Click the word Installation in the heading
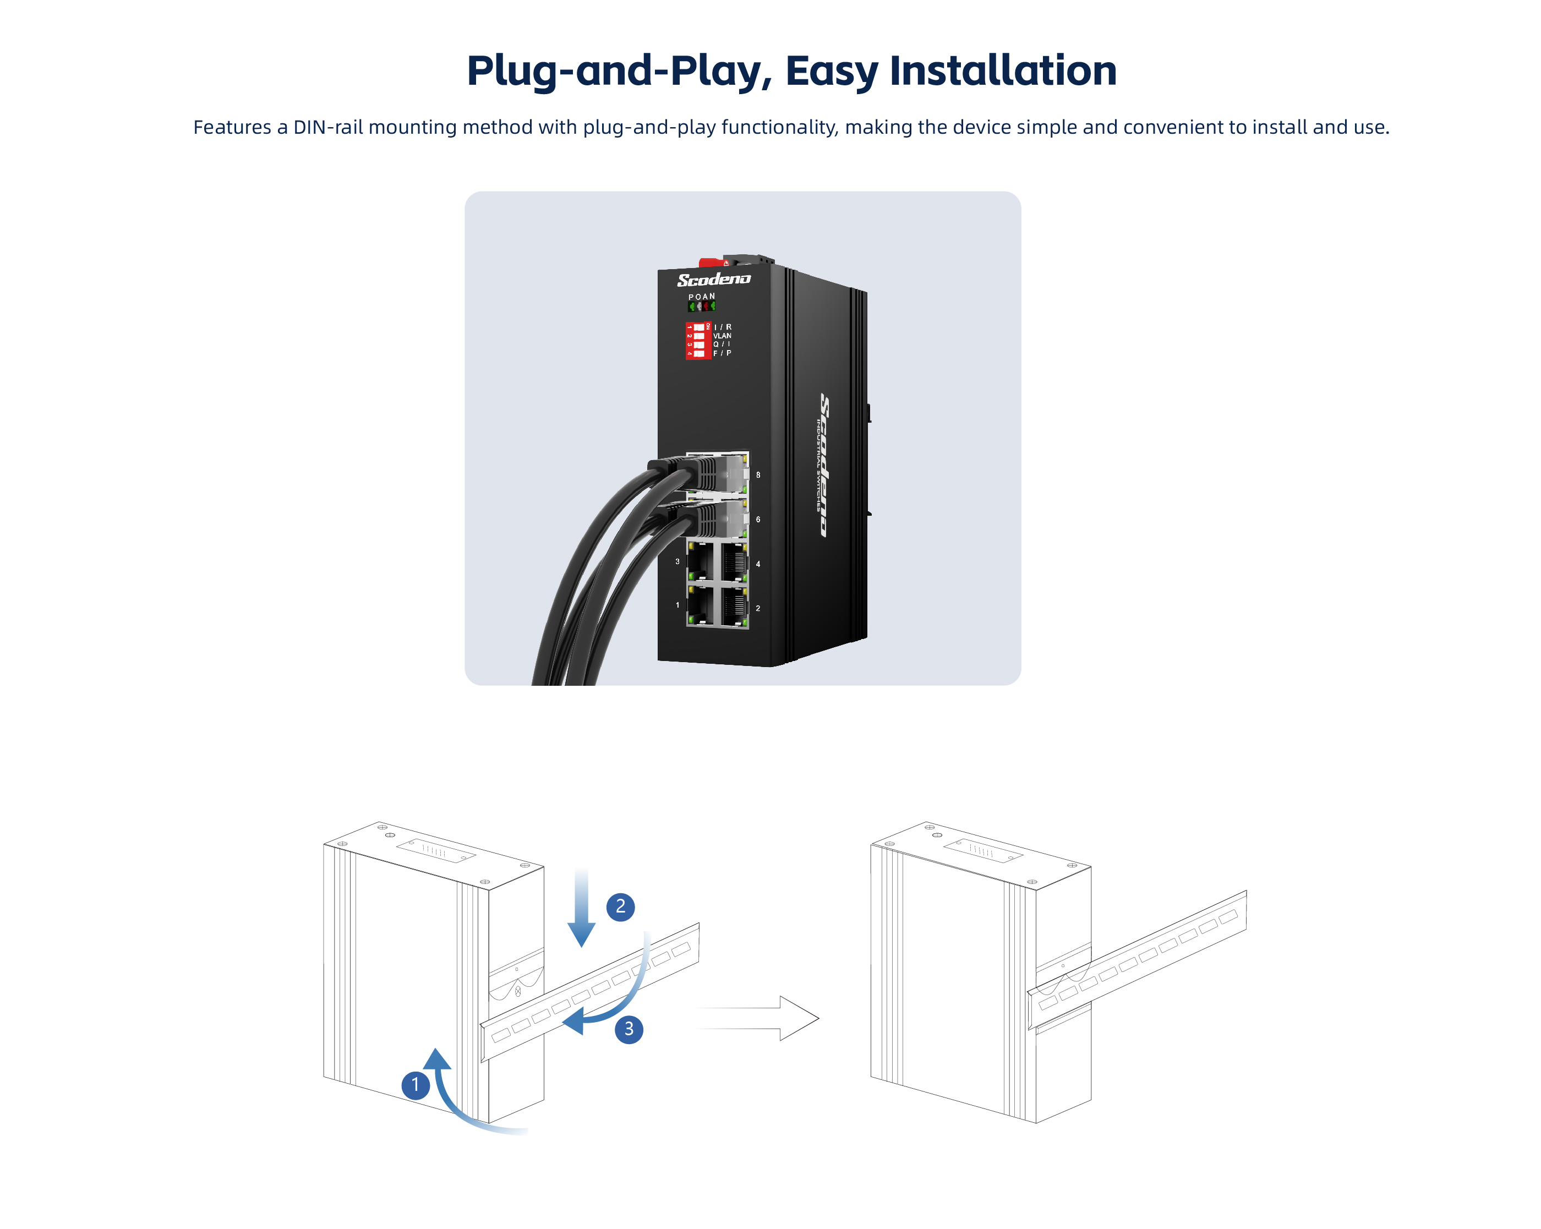[1002, 71]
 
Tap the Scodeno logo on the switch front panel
[713, 280]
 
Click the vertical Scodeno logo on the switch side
[826, 464]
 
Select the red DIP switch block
[698, 340]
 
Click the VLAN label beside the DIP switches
[722, 335]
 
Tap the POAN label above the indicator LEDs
[701, 297]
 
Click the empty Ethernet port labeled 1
[701, 605]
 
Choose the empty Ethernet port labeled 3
[701, 561]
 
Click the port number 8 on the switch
[758, 475]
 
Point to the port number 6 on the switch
[758, 520]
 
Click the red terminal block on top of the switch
[711, 263]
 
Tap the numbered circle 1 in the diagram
[416, 1085]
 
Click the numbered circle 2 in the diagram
[620, 906]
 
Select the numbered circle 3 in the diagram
[629, 1029]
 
